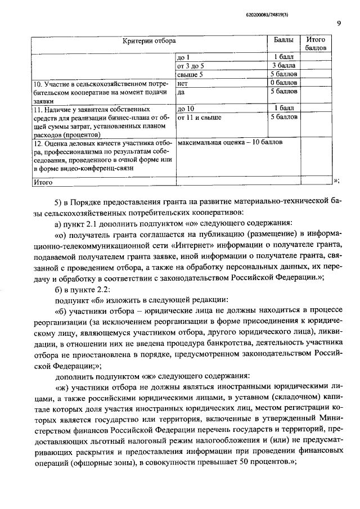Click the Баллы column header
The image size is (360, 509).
283,40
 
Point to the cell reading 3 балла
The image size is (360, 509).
283,66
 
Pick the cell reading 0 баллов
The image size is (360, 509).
283,83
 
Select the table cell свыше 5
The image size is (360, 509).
190,74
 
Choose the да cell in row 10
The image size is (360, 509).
181,91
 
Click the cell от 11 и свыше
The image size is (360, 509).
199,117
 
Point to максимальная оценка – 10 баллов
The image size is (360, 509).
229,142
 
